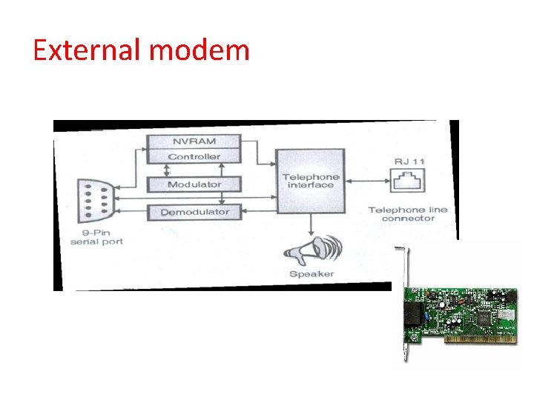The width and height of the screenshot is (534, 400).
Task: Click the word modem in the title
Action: click(x=200, y=50)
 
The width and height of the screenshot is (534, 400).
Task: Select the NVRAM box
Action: click(x=194, y=141)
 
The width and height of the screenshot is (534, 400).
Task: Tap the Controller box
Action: click(x=194, y=156)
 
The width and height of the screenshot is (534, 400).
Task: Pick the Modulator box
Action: click(x=194, y=184)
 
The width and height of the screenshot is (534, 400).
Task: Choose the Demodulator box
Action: click(x=194, y=212)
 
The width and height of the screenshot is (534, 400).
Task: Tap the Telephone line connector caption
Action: click(x=408, y=213)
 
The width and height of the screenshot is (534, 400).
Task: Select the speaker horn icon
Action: click(x=311, y=250)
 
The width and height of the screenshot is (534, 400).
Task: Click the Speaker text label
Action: click(x=311, y=273)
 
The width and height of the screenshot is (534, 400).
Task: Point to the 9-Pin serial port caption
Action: click(x=96, y=238)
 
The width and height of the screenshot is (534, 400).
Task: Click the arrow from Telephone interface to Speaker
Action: click(x=311, y=223)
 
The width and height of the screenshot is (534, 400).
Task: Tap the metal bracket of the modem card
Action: click(x=403, y=304)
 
